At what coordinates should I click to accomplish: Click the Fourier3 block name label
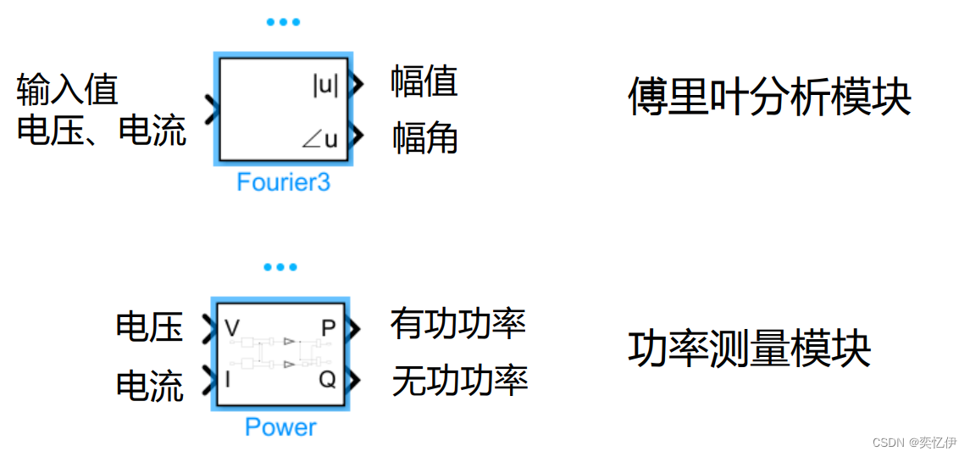click(x=283, y=182)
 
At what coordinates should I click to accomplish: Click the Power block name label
click(x=280, y=426)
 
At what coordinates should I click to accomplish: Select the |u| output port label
click(x=326, y=85)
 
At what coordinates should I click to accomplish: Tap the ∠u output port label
click(x=320, y=138)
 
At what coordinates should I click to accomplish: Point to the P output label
click(x=328, y=328)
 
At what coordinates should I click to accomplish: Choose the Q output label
click(x=327, y=380)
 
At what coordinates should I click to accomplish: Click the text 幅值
click(x=424, y=82)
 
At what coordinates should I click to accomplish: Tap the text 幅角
click(x=424, y=138)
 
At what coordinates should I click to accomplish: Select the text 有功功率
click(x=458, y=324)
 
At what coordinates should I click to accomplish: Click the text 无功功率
click(x=459, y=381)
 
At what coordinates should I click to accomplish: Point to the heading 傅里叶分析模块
click(x=768, y=98)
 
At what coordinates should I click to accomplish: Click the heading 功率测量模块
click(x=749, y=348)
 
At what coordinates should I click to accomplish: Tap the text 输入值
click(x=67, y=88)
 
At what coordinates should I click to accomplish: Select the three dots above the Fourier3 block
click(x=283, y=22)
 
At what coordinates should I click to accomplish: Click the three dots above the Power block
click(x=280, y=267)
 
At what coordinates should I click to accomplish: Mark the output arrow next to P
click(x=354, y=328)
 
